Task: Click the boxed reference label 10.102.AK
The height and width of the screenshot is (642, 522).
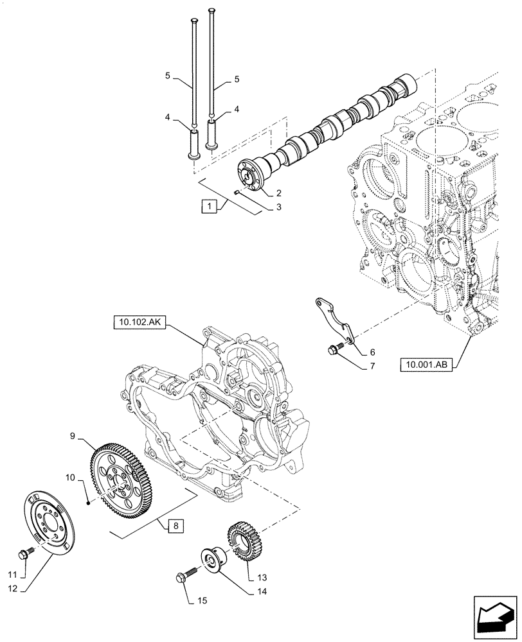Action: point(139,325)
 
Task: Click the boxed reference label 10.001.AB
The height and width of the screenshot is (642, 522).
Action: point(425,365)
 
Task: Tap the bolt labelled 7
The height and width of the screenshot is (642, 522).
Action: point(333,349)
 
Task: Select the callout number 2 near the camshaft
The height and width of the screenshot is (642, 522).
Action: point(280,193)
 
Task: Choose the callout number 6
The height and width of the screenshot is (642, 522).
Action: point(372,352)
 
